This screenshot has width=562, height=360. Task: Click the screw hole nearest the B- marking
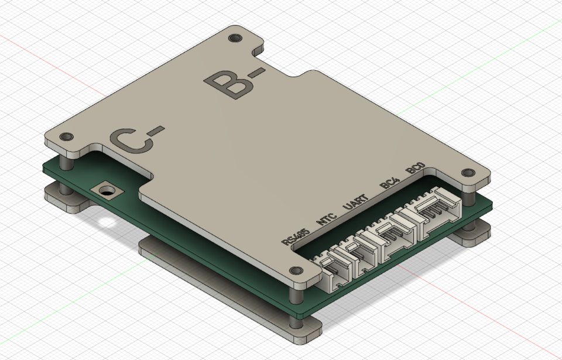click(x=235, y=39)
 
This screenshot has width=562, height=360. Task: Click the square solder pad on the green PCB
click(x=107, y=190)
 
